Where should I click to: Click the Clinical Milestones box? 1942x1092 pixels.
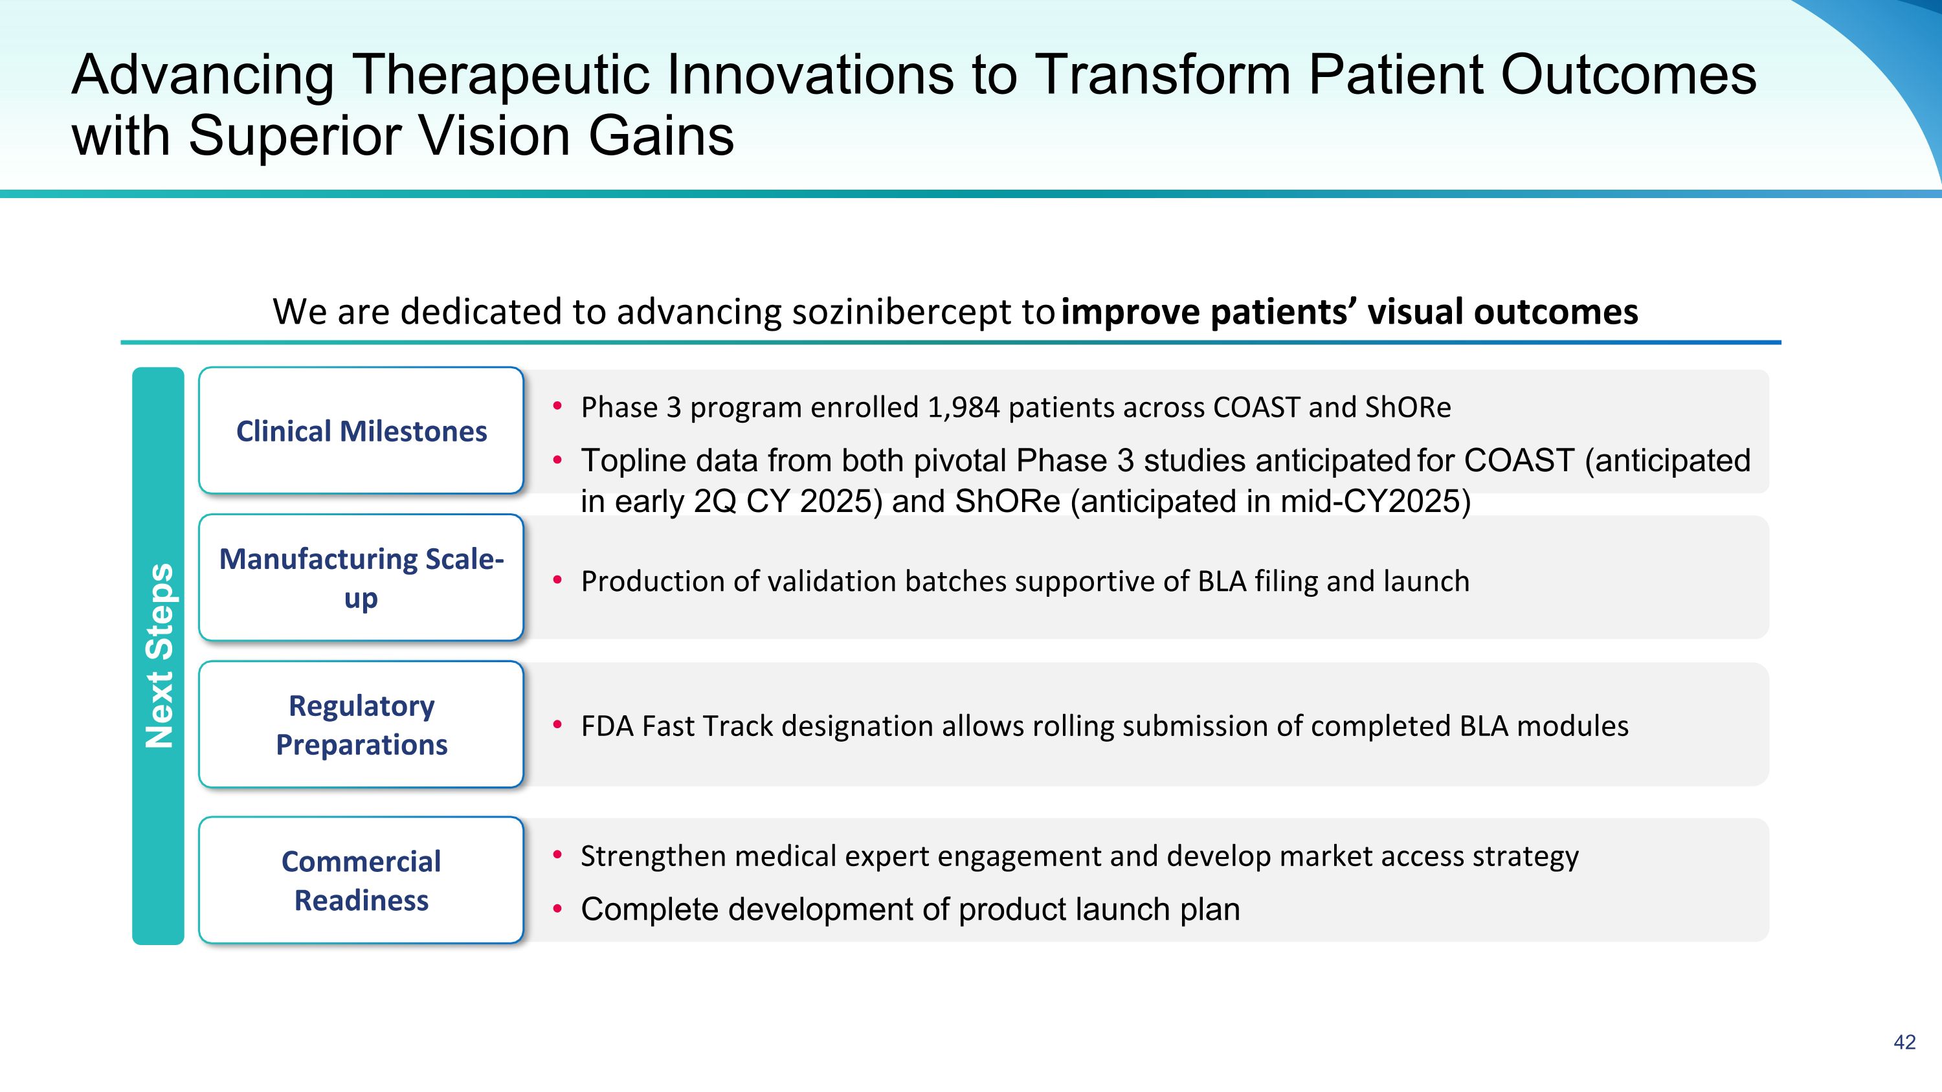(x=361, y=430)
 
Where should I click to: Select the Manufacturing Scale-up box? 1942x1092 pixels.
(x=361, y=577)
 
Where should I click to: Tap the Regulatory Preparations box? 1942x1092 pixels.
(x=361, y=724)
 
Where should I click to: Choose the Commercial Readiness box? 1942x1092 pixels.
(x=361, y=880)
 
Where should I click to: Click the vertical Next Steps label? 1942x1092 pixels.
(x=159, y=656)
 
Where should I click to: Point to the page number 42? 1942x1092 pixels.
(x=1904, y=1042)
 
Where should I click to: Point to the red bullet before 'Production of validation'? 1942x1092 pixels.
(x=558, y=580)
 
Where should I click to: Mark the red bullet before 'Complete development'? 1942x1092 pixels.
(x=558, y=909)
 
